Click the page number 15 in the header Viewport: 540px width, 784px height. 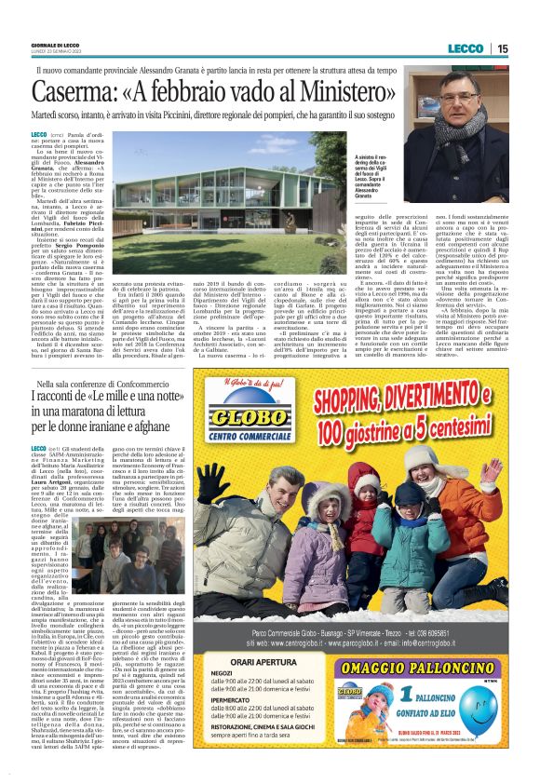coord(502,48)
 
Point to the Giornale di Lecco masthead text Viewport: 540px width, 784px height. coord(55,45)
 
